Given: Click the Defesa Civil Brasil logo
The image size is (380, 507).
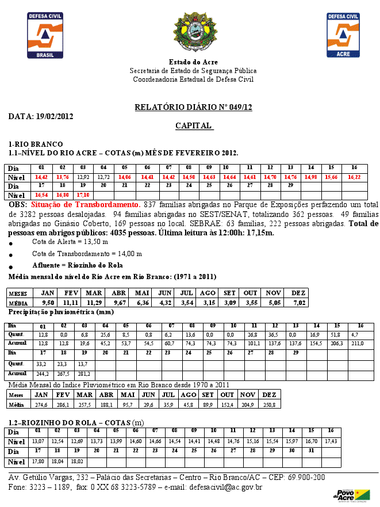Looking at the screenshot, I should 45,35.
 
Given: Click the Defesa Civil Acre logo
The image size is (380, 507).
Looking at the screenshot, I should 343,35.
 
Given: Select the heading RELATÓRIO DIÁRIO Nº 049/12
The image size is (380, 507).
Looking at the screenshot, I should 193,108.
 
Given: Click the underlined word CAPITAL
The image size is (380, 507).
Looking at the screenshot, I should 193,125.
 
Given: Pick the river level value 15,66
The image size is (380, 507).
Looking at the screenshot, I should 331,177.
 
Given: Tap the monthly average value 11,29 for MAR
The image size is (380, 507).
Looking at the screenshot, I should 94,303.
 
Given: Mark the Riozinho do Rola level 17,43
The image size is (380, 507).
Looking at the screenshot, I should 331,441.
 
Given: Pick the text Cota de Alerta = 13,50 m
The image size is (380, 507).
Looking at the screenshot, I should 70,242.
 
